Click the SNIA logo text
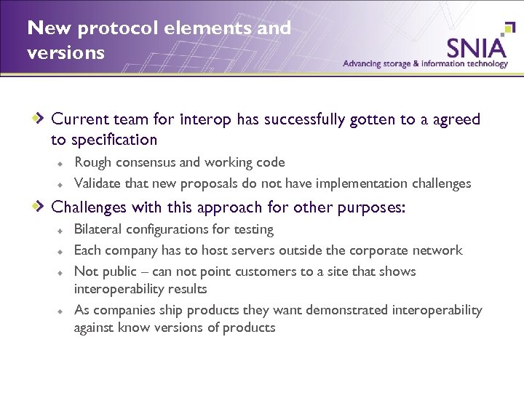pyautogui.click(x=476, y=48)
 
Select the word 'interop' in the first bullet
pyautogui.click(x=207, y=119)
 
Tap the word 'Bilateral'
pyautogui.click(x=98, y=230)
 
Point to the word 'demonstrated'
pyautogui.click(x=348, y=311)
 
